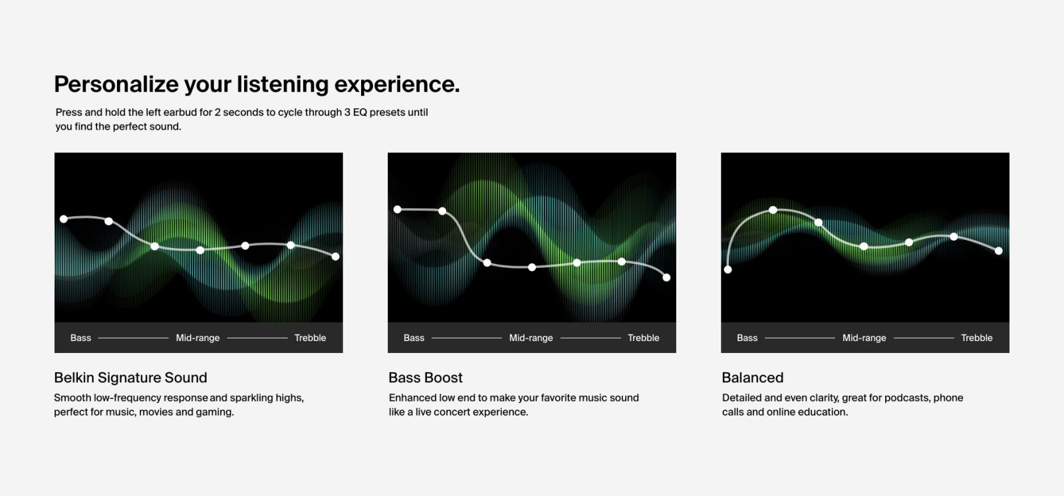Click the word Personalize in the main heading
[116, 85]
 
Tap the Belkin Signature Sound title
[130, 378]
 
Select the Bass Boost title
[426, 378]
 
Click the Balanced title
[752, 378]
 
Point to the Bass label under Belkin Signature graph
[80, 338]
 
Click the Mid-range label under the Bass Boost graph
[531, 338]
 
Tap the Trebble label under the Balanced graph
[977, 338]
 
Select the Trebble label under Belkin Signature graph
[310, 338]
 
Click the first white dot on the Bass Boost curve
[398, 209]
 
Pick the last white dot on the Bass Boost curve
[666, 277]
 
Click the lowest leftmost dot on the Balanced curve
[728, 270]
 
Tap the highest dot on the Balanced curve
[773, 210]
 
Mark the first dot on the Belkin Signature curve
[64, 219]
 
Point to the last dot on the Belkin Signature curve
[335, 257]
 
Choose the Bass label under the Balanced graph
[747, 338]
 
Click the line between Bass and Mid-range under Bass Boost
[466, 338]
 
